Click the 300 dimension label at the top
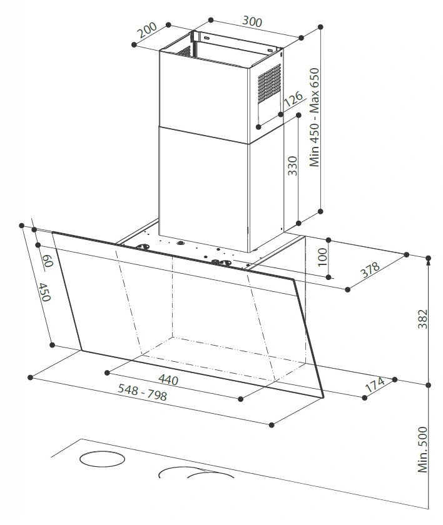(x=252, y=21)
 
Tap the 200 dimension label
(x=148, y=30)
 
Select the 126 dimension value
(x=293, y=99)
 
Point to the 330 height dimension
(x=293, y=166)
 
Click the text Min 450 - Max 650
(x=314, y=117)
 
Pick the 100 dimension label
(x=322, y=257)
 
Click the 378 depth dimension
(x=370, y=269)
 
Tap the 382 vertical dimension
(x=422, y=319)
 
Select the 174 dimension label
(x=375, y=384)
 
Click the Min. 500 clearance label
(x=423, y=449)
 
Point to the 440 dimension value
(x=168, y=379)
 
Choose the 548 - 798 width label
(x=143, y=392)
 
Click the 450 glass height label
(x=44, y=292)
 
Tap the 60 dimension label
(x=48, y=261)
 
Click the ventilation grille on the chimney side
(x=269, y=83)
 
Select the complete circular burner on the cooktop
(x=102, y=459)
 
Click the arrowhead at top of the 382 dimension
(x=428, y=263)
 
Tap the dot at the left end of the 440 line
(x=107, y=372)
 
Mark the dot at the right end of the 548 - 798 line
(x=272, y=425)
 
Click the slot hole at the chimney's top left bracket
(x=206, y=38)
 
